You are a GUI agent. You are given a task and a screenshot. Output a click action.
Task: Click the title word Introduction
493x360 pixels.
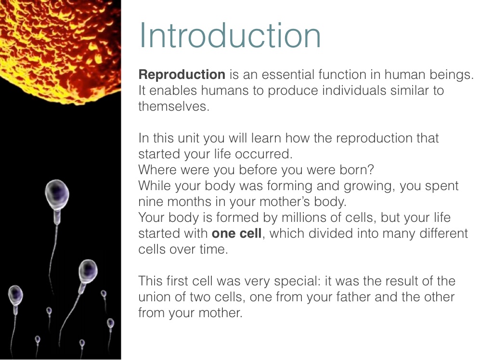pos(230,35)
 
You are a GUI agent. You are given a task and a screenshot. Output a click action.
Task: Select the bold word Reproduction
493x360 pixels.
pos(182,75)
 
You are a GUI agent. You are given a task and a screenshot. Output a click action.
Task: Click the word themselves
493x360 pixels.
pos(174,106)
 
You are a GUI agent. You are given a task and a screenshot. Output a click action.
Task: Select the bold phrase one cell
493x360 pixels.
pos(236,233)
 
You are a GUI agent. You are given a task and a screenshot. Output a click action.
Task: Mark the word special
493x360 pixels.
pos(297,281)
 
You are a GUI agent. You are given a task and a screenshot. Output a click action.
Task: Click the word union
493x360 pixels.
pos(154,297)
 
